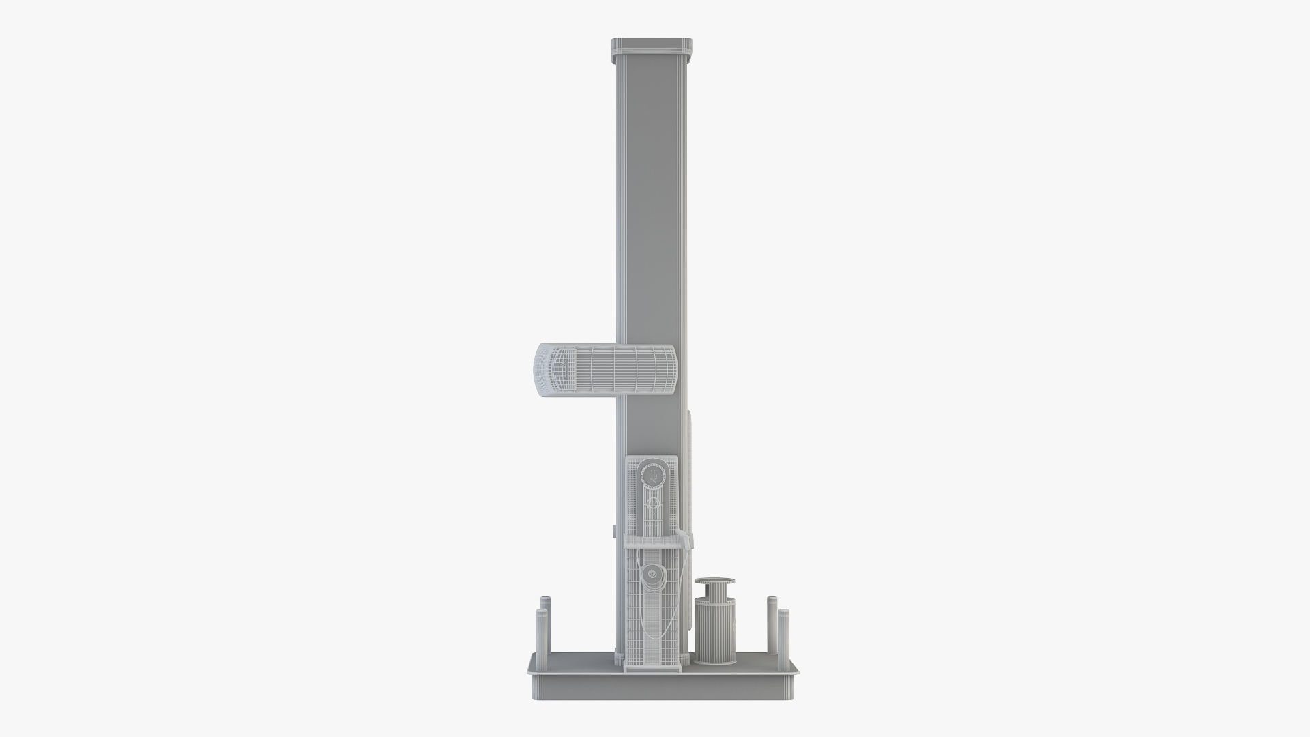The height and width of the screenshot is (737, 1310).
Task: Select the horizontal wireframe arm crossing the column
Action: coord(614,369)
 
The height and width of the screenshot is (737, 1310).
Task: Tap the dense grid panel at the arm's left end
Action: coord(562,369)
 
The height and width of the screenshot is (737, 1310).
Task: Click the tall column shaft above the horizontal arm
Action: coord(650,205)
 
